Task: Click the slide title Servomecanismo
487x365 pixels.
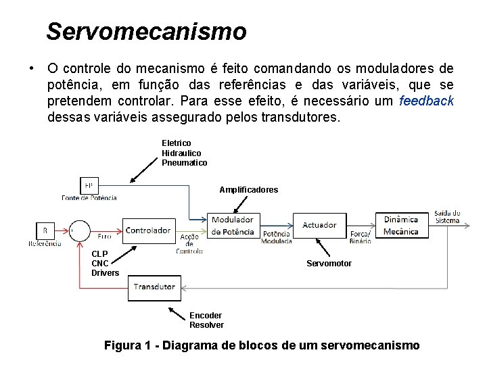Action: point(146,31)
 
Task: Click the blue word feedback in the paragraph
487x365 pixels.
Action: point(426,101)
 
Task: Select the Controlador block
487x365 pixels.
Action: point(148,230)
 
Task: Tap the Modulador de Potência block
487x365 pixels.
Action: point(232,226)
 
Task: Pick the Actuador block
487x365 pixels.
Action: point(319,225)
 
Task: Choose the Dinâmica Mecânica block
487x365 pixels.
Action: point(401,225)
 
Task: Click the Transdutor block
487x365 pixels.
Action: point(154,287)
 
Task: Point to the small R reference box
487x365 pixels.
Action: point(45,230)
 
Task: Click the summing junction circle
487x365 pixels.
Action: point(80,230)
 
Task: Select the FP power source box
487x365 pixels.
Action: point(89,185)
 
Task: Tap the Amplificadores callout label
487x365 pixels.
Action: point(248,190)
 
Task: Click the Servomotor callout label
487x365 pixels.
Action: point(329,264)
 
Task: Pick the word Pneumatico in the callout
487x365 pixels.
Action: point(184,163)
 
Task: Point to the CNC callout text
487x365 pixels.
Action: point(101,264)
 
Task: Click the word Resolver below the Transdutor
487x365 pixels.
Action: point(206,325)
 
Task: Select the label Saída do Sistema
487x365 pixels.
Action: point(447,216)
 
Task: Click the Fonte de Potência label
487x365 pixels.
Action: point(89,197)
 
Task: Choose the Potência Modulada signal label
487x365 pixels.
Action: point(277,237)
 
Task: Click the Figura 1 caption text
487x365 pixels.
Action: point(262,345)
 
